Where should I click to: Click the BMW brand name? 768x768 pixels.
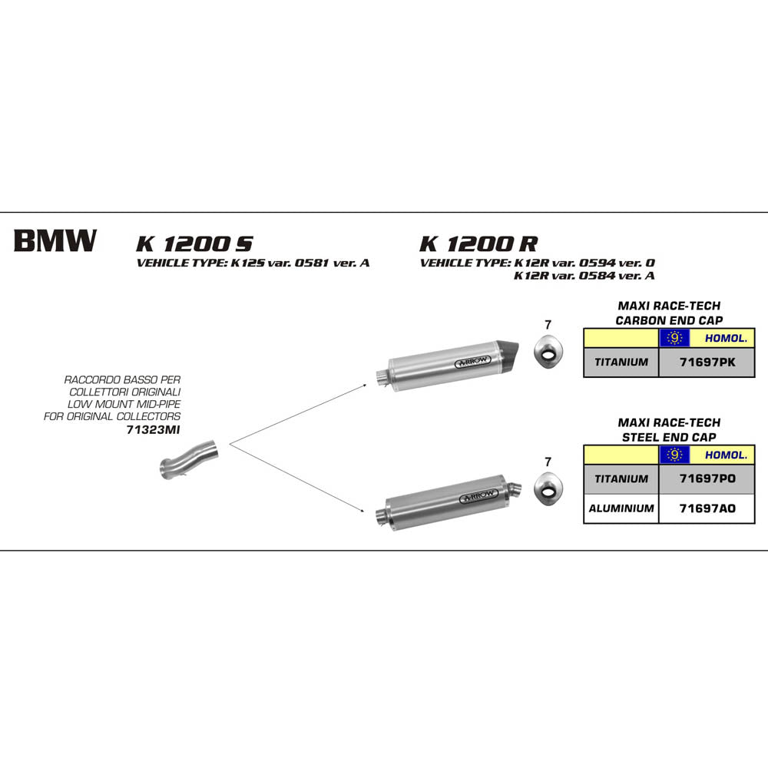coord(55,241)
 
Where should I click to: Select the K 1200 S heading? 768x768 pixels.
coord(194,244)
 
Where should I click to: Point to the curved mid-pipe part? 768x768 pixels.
coord(188,458)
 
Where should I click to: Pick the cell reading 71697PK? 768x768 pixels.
coord(707,362)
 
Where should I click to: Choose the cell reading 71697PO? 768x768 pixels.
coord(707,478)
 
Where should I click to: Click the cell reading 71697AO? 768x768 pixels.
coord(707,508)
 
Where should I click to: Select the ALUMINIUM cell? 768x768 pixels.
coord(621,508)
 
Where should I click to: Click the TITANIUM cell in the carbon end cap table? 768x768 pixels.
coord(621,362)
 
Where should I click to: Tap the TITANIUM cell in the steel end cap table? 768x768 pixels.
coord(621,478)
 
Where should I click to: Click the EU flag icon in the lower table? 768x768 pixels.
coord(674,455)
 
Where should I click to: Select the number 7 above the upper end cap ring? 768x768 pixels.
coord(548,324)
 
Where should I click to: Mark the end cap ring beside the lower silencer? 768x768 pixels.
coord(548,487)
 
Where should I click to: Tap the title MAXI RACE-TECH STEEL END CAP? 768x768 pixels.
coord(669,430)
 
